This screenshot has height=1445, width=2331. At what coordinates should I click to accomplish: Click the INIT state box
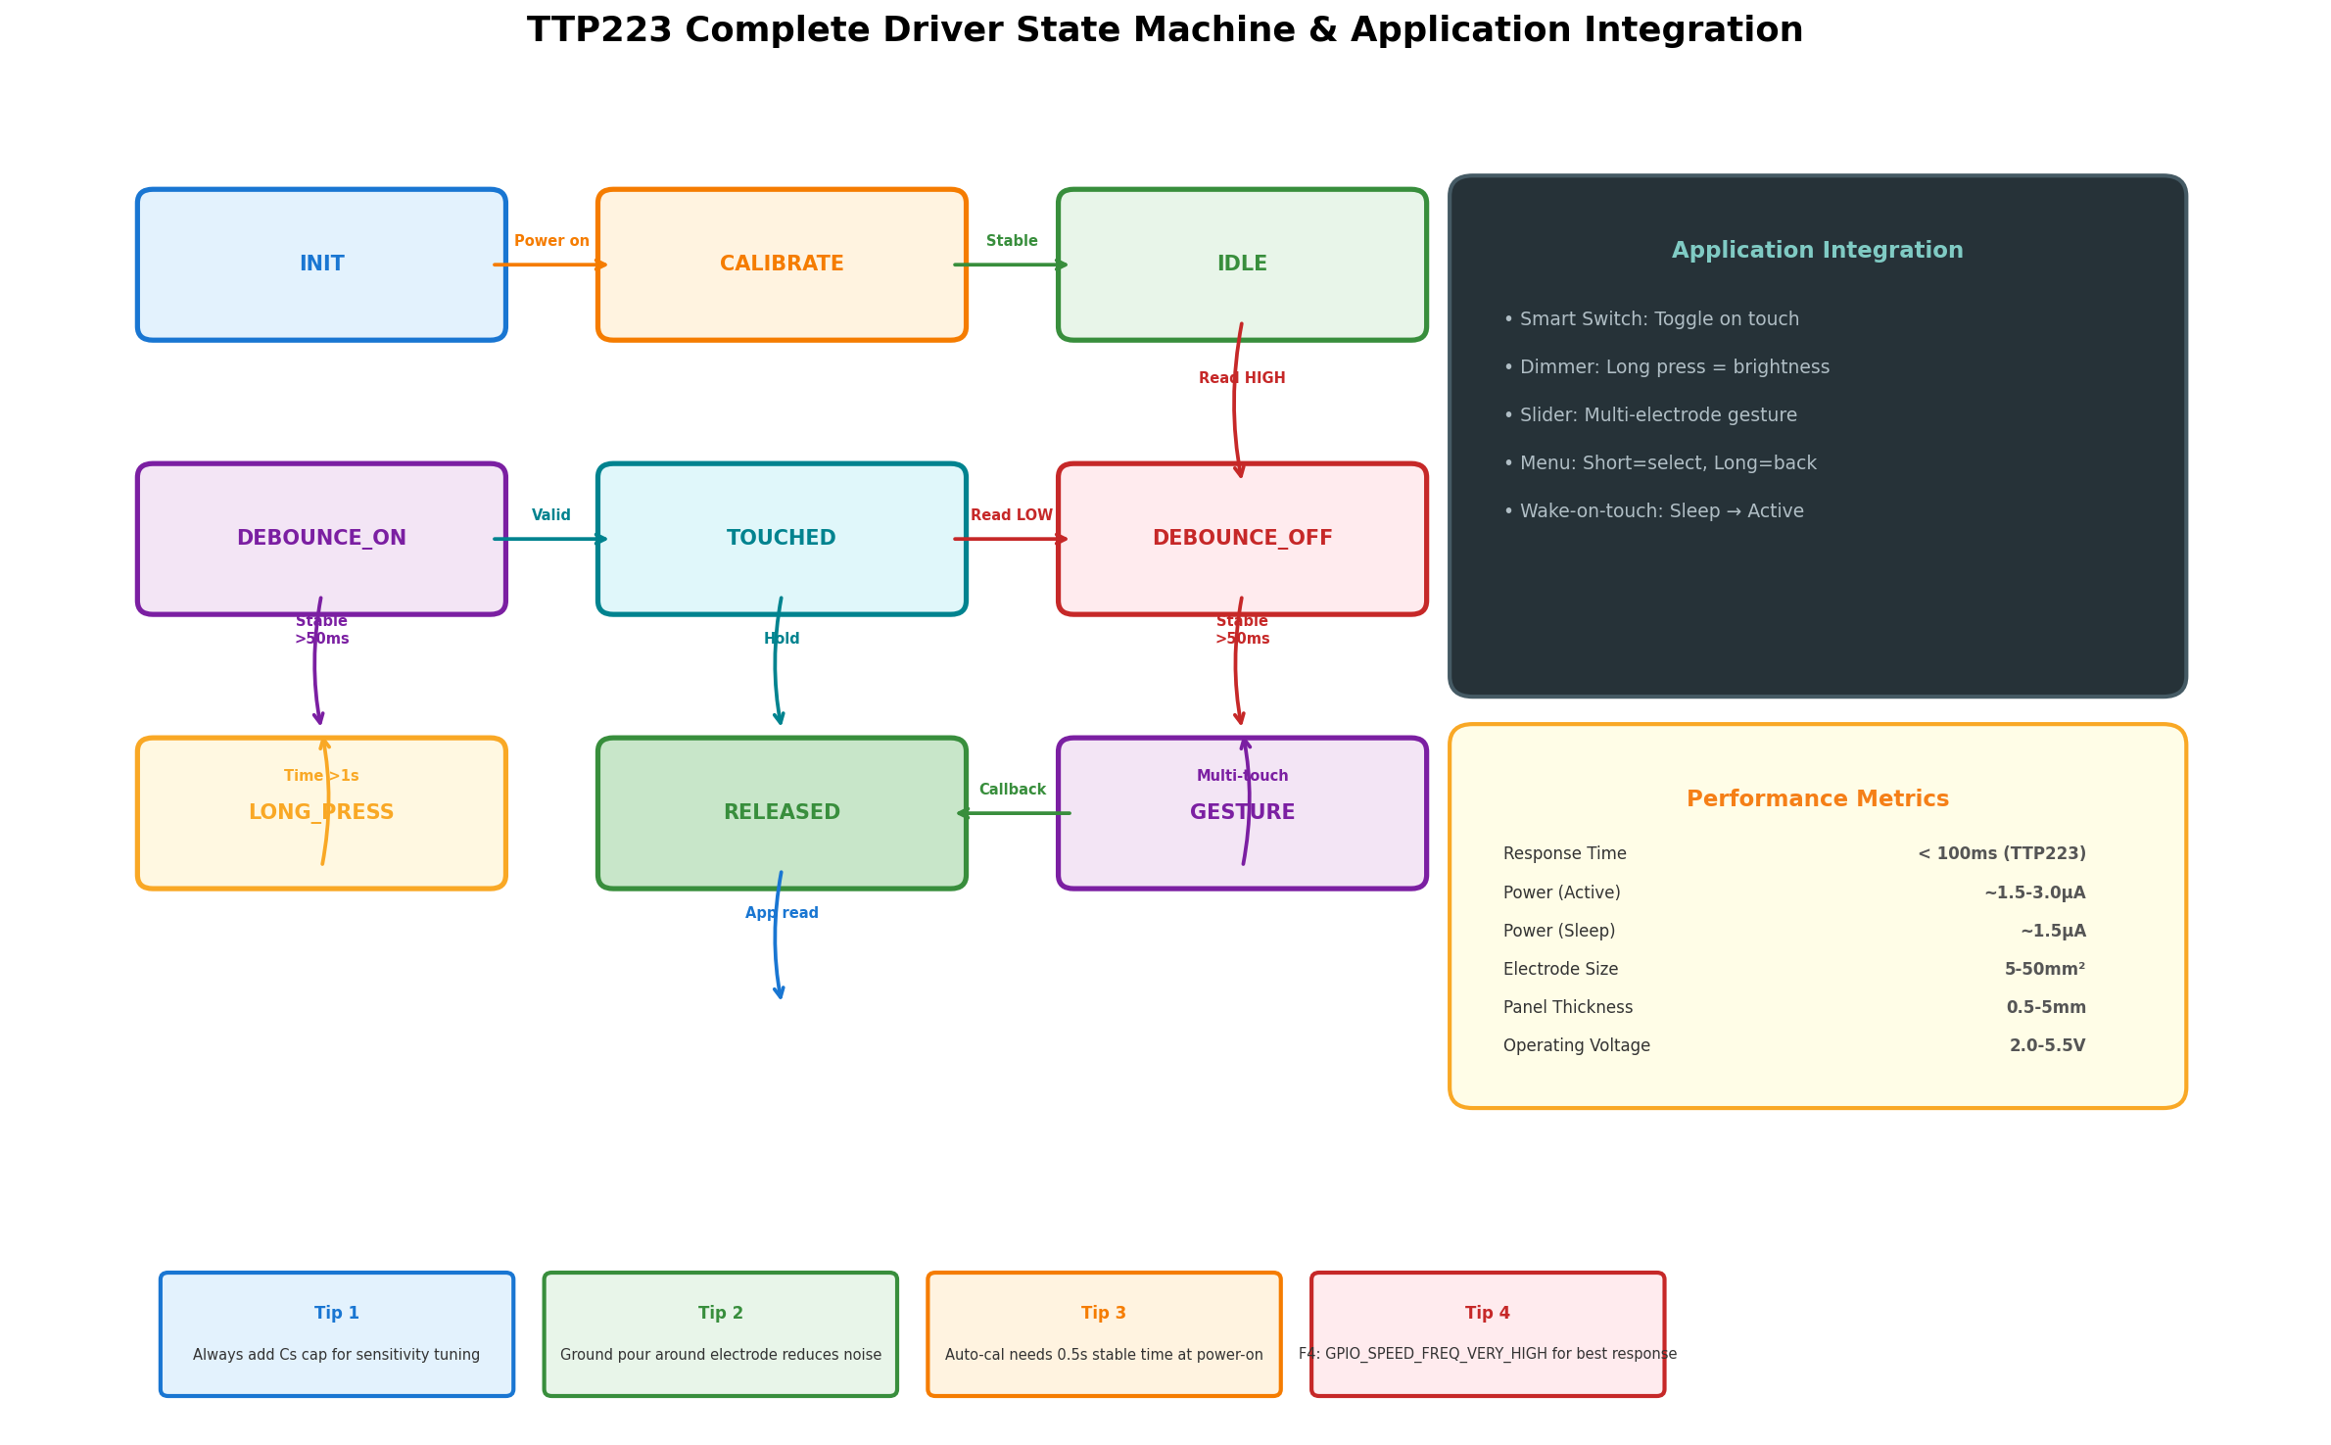(321, 265)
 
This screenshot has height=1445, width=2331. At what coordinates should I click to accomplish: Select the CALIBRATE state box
(782, 265)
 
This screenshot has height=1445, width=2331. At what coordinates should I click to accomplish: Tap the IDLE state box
(1242, 265)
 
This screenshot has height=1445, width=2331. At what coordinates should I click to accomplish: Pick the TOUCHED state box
(782, 539)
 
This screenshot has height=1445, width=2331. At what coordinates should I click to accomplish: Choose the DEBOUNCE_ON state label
(321, 539)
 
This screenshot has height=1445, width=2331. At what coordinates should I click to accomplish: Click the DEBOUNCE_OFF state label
(1242, 539)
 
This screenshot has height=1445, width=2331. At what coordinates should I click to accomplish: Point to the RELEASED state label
(782, 813)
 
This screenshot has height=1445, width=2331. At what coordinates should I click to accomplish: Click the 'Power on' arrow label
(551, 241)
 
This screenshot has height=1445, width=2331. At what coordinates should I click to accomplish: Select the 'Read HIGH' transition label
(1242, 378)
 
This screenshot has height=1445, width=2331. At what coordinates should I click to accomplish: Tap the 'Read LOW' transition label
(1012, 515)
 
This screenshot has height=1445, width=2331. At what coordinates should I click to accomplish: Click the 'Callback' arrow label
(1012, 790)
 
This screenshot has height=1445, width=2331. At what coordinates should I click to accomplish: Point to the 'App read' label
(782, 913)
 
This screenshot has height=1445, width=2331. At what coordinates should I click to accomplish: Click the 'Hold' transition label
(782, 639)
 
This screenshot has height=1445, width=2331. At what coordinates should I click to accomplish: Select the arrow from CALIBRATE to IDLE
(1011, 265)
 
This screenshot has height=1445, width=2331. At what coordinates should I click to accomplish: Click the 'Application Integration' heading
(1817, 251)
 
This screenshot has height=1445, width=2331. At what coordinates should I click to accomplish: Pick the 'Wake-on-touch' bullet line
(1653, 511)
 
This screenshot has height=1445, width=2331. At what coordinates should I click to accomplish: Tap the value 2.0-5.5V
(2047, 1046)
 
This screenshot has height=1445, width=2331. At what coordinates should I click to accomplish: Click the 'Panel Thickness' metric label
(1568, 1008)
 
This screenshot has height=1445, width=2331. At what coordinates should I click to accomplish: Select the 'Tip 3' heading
(1104, 1314)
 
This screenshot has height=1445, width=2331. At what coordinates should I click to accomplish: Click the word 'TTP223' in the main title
(599, 30)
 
